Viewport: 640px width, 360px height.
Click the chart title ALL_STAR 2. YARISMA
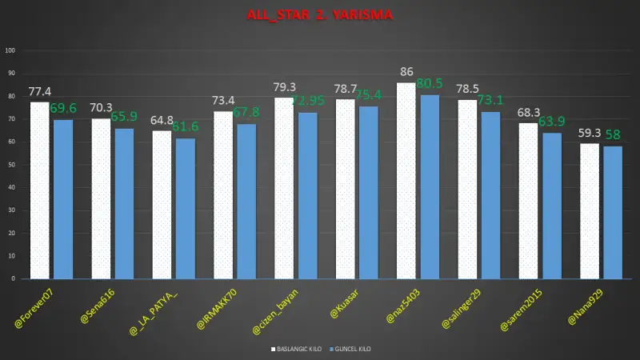click(320, 14)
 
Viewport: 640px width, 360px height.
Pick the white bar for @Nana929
click(589, 211)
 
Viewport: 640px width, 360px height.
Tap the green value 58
click(614, 134)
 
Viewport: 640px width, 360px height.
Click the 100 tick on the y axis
click(11, 50)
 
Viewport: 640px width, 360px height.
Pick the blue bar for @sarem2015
click(552, 206)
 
